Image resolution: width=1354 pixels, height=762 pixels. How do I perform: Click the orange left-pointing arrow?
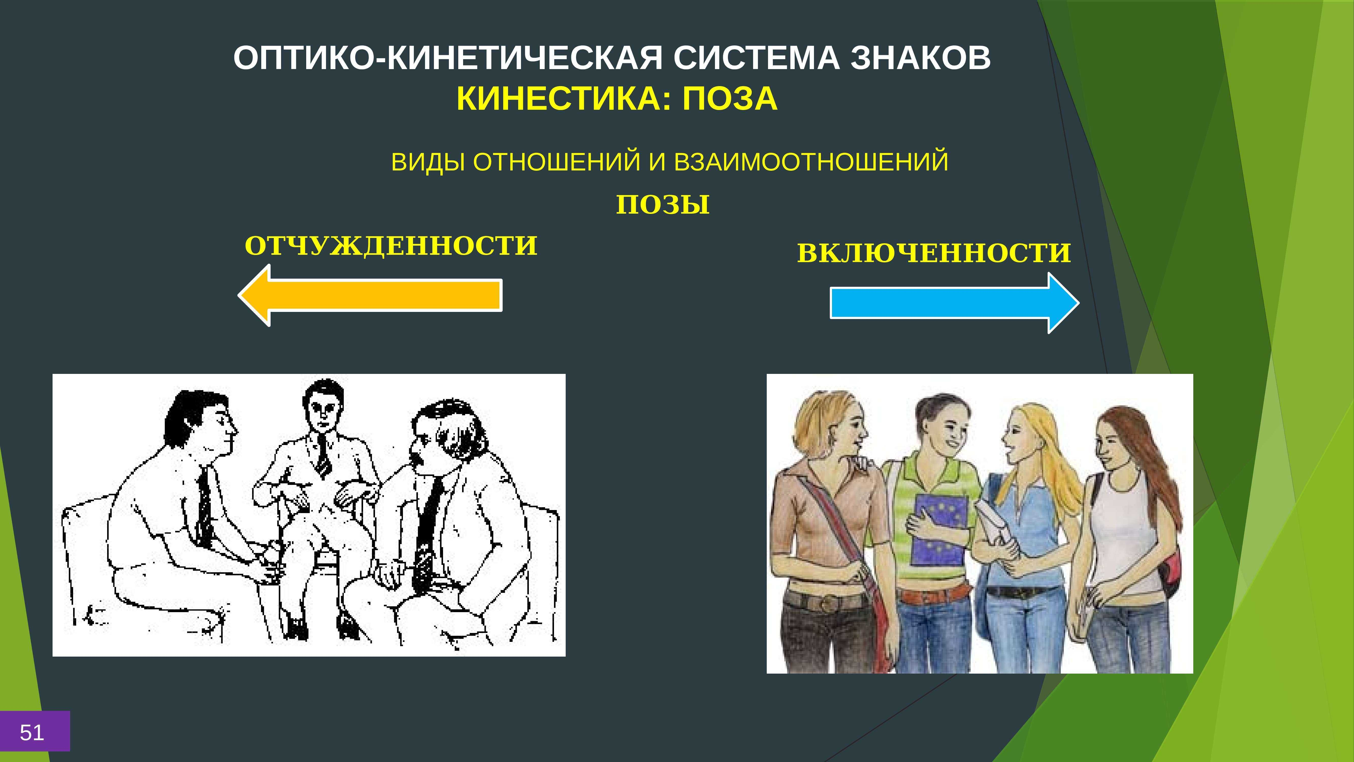click(x=370, y=295)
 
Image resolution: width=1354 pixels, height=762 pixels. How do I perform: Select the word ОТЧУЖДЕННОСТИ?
click(x=391, y=246)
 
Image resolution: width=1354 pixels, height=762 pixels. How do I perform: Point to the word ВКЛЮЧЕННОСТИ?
click(x=934, y=253)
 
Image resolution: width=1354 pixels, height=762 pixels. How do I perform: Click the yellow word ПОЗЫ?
click(x=663, y=204)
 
